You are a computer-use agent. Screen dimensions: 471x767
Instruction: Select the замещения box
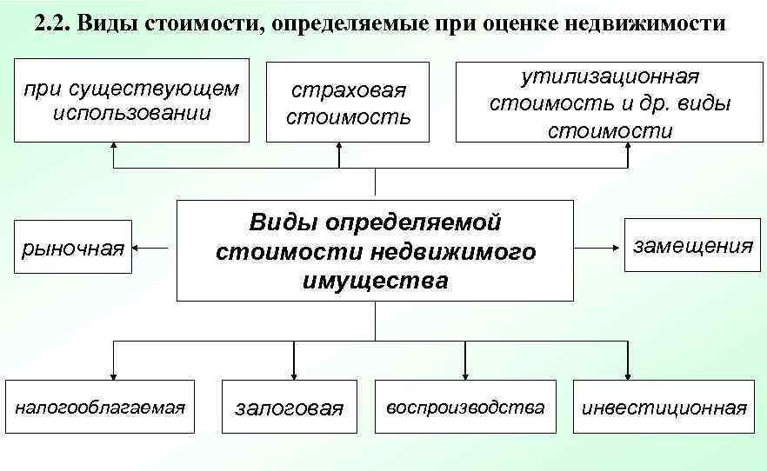coord(692,246)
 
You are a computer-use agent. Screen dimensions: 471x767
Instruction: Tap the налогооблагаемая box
coord(99,406)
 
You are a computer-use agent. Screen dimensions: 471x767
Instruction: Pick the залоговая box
coord(290,407)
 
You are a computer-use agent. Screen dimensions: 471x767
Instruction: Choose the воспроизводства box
coord(465,406)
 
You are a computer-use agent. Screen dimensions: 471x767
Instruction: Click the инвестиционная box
coord(664,407)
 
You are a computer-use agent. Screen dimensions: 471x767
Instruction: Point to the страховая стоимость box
coord(348,102)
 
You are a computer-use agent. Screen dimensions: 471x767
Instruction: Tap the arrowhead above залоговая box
coord(295,373)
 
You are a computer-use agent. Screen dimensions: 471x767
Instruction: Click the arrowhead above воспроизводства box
coord(465,373)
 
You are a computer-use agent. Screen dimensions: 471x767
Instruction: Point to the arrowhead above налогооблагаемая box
coord(113,373)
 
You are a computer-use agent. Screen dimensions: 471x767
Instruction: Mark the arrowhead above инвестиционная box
coord(627,373)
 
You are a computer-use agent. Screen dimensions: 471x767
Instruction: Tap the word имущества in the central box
coord(376,281)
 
